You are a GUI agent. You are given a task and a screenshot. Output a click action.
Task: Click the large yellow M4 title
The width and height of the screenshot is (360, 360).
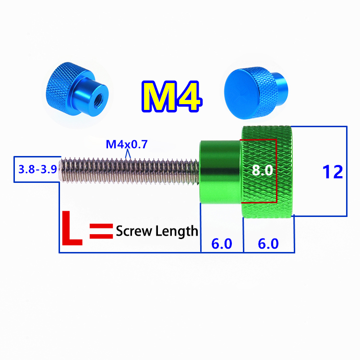[x=171, y=96]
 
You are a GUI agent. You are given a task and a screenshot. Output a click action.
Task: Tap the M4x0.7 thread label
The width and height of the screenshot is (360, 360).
[x=127, y=144]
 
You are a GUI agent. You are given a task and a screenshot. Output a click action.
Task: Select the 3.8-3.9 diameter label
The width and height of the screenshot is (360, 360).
[x=37, y=169]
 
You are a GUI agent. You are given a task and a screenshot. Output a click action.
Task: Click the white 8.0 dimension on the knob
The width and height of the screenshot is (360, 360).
[x=262, y=170]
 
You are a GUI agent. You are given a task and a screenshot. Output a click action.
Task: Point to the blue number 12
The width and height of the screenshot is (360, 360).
[x=333, y=172]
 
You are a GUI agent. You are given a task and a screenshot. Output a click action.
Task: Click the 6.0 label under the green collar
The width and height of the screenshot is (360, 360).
[x=222, y=243]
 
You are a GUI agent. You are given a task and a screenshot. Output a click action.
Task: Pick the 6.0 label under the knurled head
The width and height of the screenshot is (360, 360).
[x=268, y=243]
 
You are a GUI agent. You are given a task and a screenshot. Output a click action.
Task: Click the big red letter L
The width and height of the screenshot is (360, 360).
[x=72, y=228]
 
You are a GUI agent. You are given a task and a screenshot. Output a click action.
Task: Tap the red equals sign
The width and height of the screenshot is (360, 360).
[x=101, y=231]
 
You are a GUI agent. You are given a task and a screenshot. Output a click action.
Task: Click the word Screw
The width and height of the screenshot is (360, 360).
[x=134, y=231]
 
